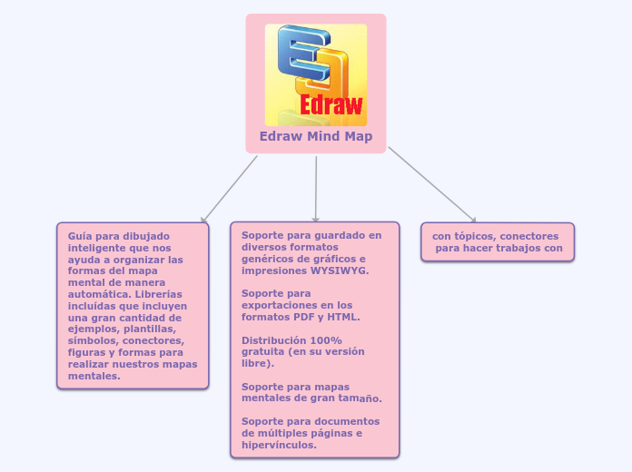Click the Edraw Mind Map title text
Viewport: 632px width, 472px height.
point(315,137)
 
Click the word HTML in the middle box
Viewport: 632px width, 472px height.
point(343,317)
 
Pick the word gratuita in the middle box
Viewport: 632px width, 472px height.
point(262,351)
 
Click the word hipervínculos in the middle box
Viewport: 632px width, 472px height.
point(279,445)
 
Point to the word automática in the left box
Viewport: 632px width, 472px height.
point(94,294)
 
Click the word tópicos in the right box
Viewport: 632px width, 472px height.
point(475,236)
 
